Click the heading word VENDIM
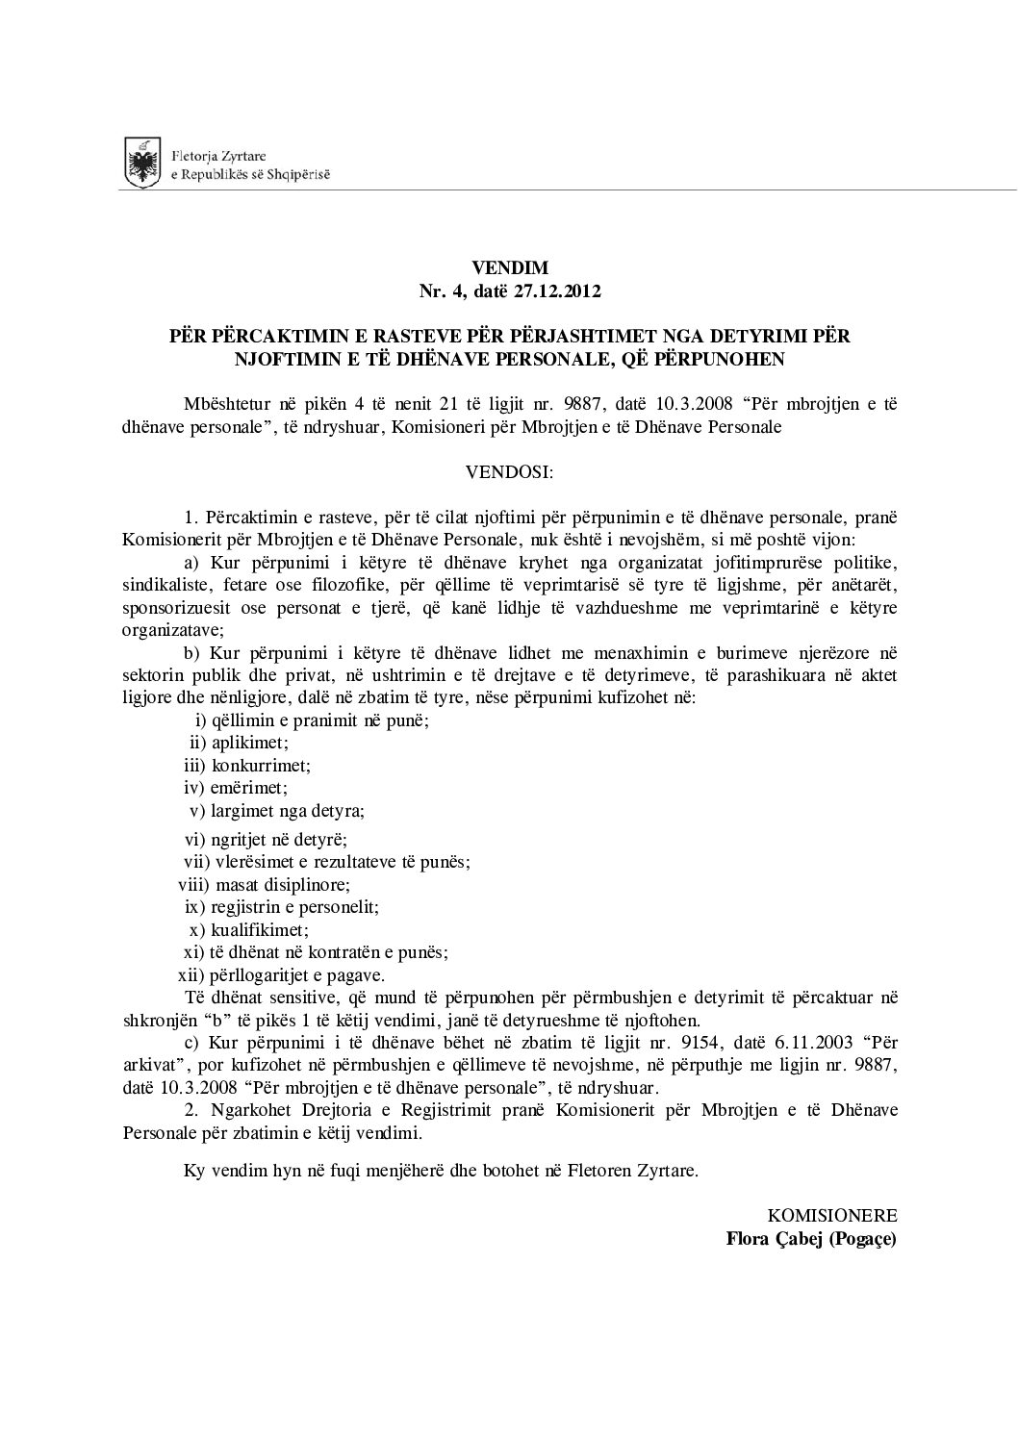pyautogui.click(x=509, y=266)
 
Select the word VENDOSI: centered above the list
pyautogui.click(x=509, y=472)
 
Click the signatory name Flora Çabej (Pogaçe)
pyautogui.click(x=810, y=1238)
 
